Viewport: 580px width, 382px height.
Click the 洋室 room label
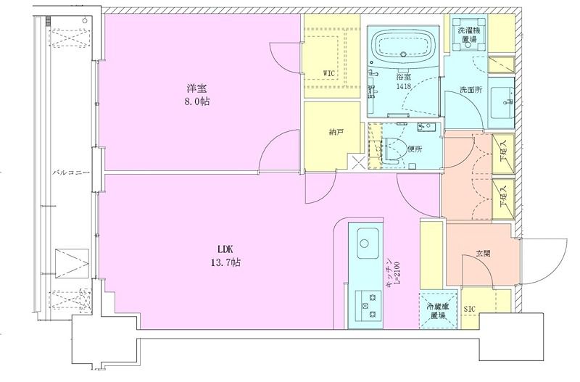(x=194, y=88)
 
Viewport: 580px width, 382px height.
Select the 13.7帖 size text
(x=224, y=262)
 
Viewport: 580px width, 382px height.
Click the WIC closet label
(x=330, y=72)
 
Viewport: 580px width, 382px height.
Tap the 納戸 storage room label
(x=335, y=132)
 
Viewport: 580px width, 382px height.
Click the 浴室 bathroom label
(x=403, y=76)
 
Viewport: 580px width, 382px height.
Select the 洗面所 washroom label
(x=471, y=91)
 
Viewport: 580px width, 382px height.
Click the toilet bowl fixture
(x=392, y=149)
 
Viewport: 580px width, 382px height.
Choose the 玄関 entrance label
(x=483, y=254)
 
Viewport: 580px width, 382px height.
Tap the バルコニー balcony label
(x=70, y=173)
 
